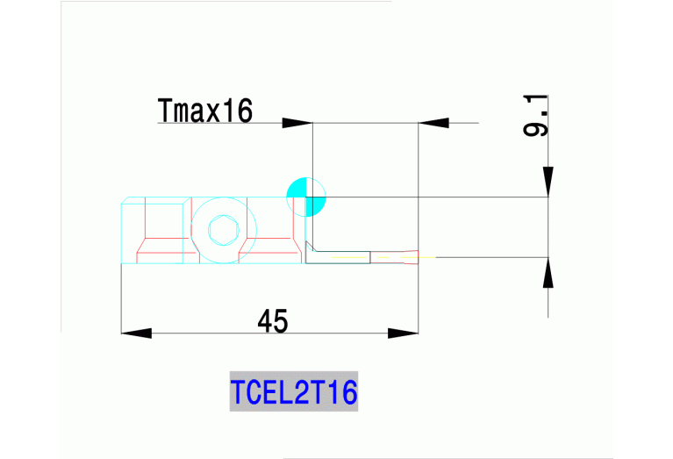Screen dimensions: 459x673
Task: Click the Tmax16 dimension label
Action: click(x=205, y=111)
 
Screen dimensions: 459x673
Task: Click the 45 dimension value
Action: click(x=273, y=322)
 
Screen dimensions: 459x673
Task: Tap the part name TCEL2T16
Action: click(x=294, y=391)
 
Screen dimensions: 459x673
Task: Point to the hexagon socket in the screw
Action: click(x=221, y=232)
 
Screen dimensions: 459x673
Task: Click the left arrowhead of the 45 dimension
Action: click(x=136, y=333)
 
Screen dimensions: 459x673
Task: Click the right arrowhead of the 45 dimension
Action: click(x=403, y=333)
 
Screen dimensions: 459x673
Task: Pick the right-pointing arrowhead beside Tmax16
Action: click(x=297, y=123)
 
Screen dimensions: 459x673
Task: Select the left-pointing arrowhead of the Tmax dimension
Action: click(x=433, y=123)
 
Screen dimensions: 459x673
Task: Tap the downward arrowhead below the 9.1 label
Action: click(x=548, y=181)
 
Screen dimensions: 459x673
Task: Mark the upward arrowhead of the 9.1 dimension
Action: click(x=548, y=273)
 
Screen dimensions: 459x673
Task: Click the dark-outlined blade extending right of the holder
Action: click(x=342, y=256)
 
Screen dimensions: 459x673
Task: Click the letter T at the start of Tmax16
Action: click(x=164, y=111)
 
